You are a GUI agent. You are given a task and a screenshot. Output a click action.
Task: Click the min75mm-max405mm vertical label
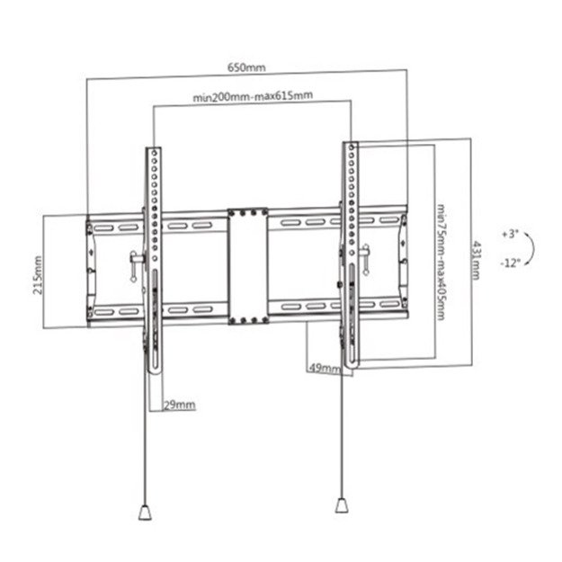pos(440,261)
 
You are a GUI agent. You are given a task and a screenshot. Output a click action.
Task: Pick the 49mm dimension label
pos(324,368)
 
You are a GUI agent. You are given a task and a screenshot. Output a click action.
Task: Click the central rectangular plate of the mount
pos(247,266)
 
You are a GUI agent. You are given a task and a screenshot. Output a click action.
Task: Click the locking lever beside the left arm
pos(135,263)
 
